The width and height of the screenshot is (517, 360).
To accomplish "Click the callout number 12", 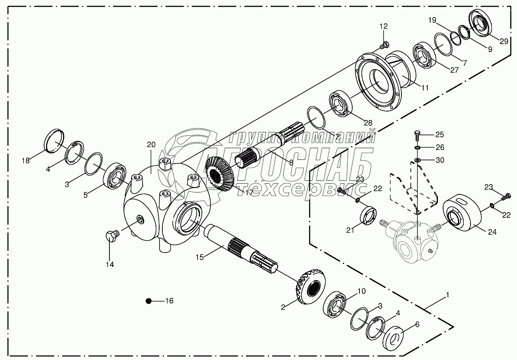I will tap(383, 26).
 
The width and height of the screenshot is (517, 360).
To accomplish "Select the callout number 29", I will tap(504, 40).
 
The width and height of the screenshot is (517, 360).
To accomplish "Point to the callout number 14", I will tap(110, 265).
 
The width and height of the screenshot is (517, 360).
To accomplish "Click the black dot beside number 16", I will tap(149, 301).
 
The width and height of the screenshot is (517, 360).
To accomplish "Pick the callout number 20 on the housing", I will tap(151, 145).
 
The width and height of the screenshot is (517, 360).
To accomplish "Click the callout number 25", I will tap(439, 134).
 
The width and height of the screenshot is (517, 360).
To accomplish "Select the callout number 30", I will tap(439, 160).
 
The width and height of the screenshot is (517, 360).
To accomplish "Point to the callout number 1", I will tap(447, 295).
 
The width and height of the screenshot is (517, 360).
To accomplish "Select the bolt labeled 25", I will tap(417, 136).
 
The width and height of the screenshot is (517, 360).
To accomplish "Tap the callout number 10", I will tap(361, 291).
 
